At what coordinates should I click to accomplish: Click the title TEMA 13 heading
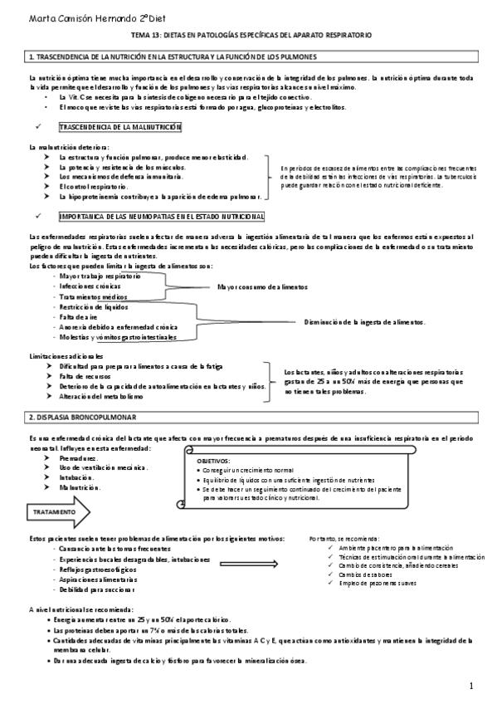[251, 37]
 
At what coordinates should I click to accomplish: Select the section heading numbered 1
[170, 56]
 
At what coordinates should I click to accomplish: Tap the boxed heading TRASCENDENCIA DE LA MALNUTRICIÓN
[120, 127]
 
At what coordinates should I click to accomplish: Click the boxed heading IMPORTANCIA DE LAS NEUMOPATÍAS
[162, 217]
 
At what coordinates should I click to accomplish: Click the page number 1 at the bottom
[470, 686]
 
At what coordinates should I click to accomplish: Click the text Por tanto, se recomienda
[344, 538]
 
